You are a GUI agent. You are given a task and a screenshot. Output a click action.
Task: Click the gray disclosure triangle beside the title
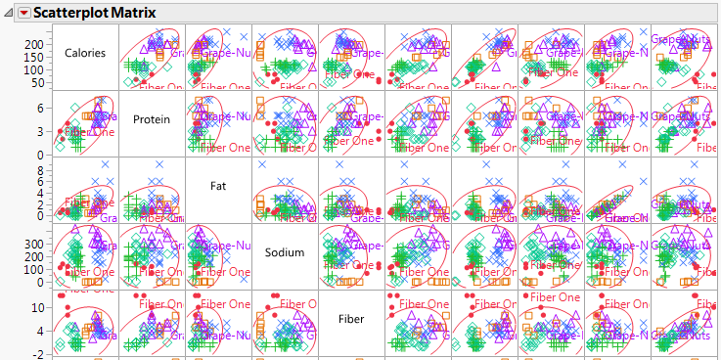[9, 12]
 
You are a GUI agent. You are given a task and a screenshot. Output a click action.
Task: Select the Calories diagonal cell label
[85, 53]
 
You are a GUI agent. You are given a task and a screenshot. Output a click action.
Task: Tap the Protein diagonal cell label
[151, 119]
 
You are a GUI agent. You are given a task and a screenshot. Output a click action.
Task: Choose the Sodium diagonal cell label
[285, 252]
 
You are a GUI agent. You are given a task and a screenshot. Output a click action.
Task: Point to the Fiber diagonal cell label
[351, 319]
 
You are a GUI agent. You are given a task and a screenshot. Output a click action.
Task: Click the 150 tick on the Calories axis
[38, 57]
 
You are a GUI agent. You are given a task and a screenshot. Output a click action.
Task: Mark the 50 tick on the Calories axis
[41, 82]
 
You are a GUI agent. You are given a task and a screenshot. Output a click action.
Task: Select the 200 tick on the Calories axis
[38, 44]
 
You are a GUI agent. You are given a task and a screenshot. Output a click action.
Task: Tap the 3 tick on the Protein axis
[44, 130]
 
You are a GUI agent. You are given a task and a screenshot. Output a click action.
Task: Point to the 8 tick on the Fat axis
[44, 170]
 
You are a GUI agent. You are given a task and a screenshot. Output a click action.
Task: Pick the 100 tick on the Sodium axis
[38, 269]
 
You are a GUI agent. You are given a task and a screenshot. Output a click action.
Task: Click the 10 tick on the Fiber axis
[41, 307]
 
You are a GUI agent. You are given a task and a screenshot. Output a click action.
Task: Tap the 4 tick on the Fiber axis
[44, 331]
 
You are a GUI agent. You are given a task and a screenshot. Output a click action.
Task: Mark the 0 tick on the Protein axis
[44, 155]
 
